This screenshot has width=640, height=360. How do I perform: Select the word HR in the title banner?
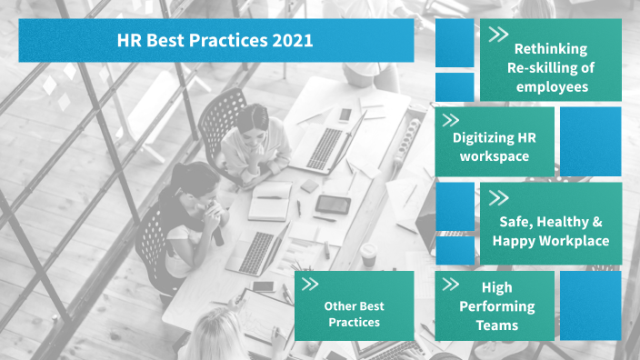(129, 41)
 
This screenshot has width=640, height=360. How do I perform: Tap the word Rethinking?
(550, 49)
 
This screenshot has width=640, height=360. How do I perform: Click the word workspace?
(494, 156)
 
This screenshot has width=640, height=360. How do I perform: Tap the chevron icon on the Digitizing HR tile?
(449, 119)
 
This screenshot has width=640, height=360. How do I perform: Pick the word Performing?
(496, 306)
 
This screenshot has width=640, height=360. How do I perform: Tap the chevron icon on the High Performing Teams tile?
(450, 285)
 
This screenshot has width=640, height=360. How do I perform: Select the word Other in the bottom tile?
(340, 305)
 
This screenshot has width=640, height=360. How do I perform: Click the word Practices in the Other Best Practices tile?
(353, 322)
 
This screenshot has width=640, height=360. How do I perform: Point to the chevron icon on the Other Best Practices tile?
(310, 285)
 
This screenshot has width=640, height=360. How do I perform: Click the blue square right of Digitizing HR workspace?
(590, 141)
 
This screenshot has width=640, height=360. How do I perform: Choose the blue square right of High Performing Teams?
(590, 305)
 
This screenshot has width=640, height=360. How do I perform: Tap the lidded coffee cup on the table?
(368, 255)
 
